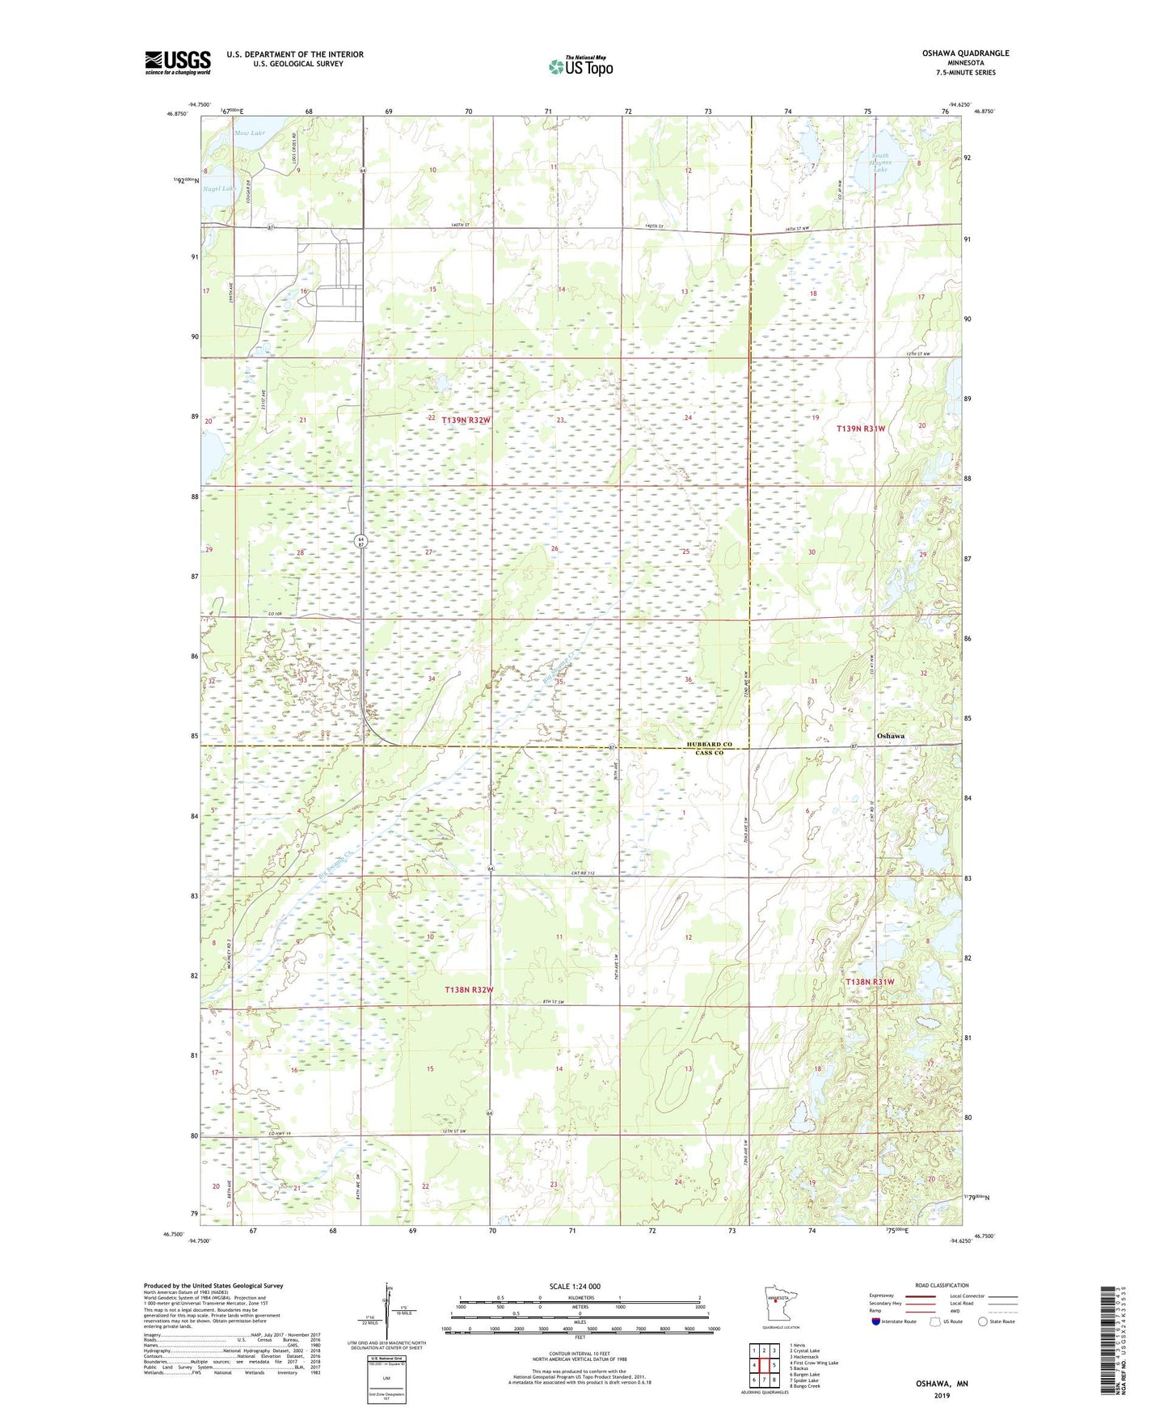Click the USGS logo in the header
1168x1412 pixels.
click(177, 62)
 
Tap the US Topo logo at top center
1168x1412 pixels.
click(580, 66)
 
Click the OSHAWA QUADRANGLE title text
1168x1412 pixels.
click(965, 53)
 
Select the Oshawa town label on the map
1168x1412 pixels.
click(890, 736)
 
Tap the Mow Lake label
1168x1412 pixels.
click(249, 133)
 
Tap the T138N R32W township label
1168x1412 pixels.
click(469, 990)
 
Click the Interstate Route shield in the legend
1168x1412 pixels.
click(877, 1321)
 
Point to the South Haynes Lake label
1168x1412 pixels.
click(879, 163)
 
